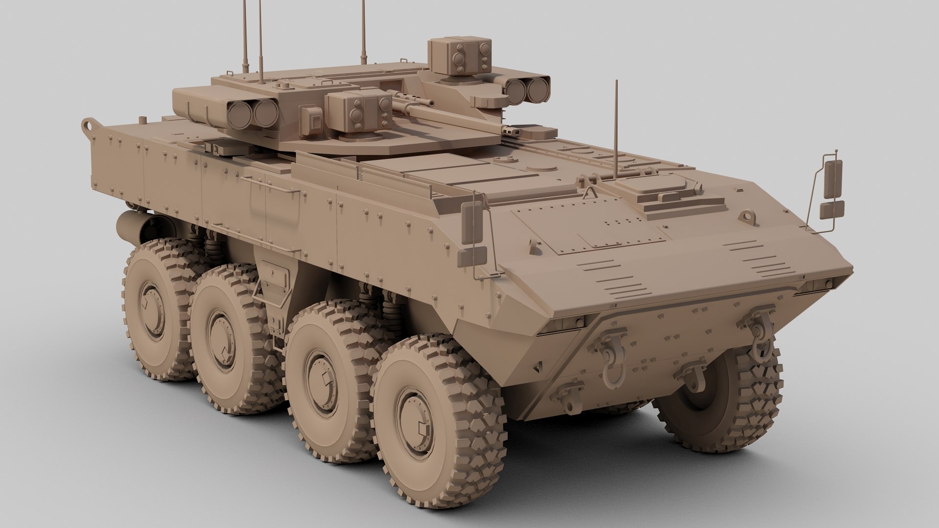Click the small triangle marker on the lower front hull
(x=539, y=365)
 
